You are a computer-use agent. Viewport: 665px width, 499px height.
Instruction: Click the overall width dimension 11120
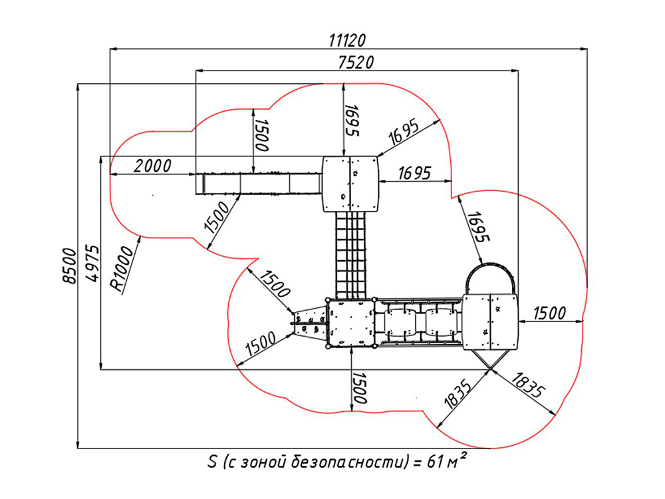(347, 41)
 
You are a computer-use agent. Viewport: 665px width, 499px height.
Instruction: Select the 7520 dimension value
(356, 63)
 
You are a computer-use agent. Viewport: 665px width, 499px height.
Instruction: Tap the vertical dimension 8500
(70, 265)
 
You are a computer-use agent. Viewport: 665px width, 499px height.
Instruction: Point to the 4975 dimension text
(92, 263)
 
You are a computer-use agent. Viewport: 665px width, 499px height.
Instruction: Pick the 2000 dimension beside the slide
(153, 166)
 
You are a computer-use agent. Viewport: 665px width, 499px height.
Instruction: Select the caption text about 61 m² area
(338, 461)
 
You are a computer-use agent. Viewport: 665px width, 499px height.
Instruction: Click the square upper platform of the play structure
(350, 184)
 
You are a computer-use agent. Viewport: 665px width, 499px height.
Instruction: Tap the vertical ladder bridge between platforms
(350, 255)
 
